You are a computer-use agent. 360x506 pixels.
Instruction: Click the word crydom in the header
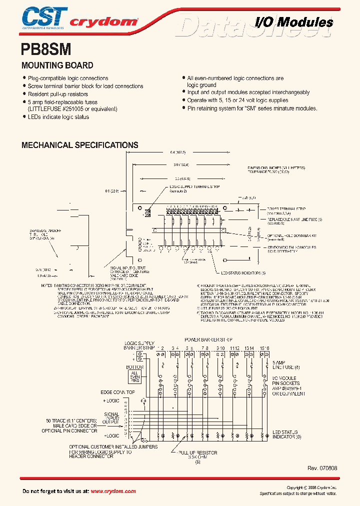click(x=103, y=21)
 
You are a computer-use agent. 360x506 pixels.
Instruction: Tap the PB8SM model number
click(x=46, y=49)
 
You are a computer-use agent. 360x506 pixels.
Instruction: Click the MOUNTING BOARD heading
click(x=57, y=65)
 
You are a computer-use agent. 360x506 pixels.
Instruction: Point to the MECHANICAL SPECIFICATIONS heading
click(x=79, y=145)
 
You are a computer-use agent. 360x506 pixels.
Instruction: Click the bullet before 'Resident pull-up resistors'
click(x=24, y=94)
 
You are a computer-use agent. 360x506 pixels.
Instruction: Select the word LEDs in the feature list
click(x=35, y=117)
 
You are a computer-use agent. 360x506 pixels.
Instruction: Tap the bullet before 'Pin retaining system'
click(x=183, y=108)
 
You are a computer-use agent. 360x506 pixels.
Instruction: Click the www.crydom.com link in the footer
click(x=113, y=491)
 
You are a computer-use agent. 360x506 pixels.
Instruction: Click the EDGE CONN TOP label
click(x=117, y=392)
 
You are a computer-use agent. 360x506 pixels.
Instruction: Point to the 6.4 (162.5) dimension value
click(x=178, y=152)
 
